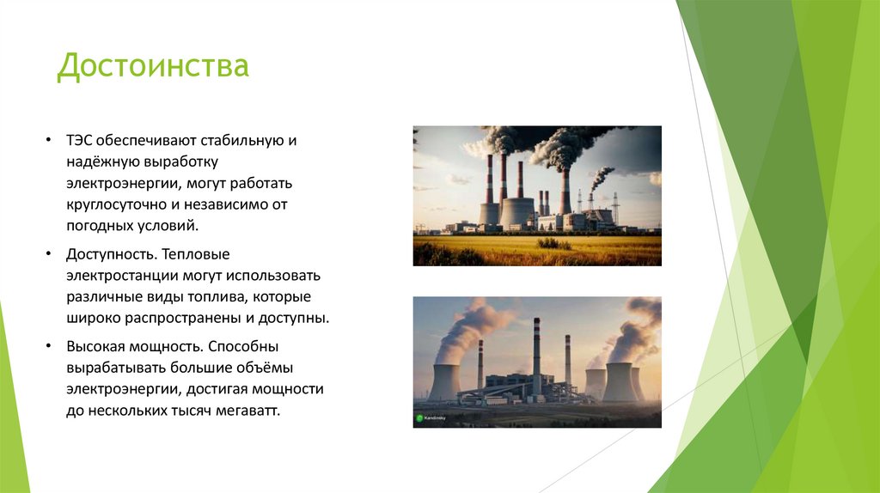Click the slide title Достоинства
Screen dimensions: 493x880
(x=153, y=66)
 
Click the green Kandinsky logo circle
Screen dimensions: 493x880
(x=419, y=418)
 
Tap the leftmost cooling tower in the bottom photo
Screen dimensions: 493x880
(x=443, y=382)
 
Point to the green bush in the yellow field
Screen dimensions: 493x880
(x=554, y=244)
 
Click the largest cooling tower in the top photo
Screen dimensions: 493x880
(x=517, y=211)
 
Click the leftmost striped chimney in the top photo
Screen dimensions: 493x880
(x=489, y=180)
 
